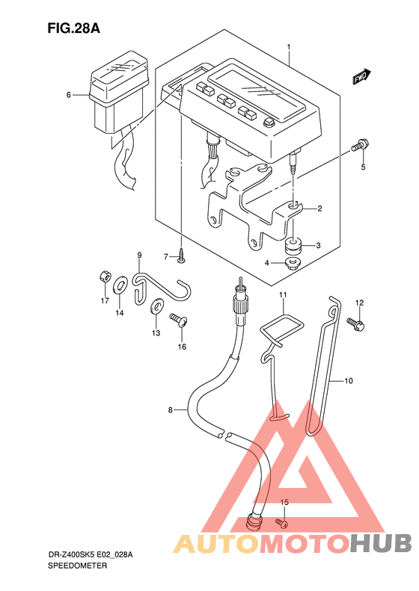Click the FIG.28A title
click(x=73, y=28)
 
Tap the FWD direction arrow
click(x=362, y=76)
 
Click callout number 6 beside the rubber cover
click(x=68, y=95)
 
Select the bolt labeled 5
click(x=360, y=146)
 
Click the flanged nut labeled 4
click(x=292, y=263)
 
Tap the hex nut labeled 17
click(x=105, y=277)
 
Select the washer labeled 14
click(x=119, y=285)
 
